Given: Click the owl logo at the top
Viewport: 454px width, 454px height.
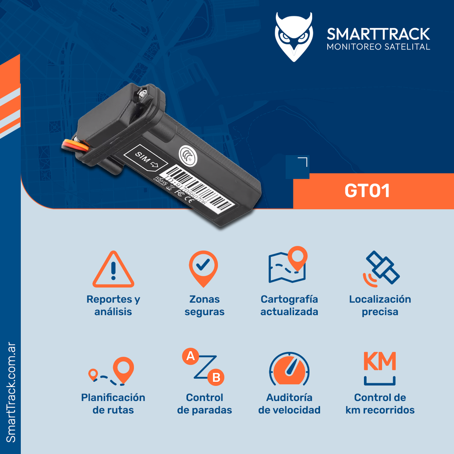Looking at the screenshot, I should tap(294, 36).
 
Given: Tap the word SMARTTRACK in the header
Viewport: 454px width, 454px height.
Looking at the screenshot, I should tap(378, 34).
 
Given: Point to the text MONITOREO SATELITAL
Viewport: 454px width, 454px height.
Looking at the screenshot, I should tap(378, 47).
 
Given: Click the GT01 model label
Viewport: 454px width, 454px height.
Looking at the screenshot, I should tap(367, 191).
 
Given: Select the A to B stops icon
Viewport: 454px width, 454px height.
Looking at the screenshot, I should tap(204, 368).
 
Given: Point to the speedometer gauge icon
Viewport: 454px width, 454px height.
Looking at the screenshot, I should tap(289, 369).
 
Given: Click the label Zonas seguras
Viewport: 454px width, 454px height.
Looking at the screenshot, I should tap(204, 305).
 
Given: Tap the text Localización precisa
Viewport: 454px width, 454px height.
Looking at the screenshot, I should tap(380, 305).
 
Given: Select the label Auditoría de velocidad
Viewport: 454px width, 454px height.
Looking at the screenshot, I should tap(289, 403).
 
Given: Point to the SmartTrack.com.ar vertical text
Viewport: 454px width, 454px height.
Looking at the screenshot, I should tap(11, 392).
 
